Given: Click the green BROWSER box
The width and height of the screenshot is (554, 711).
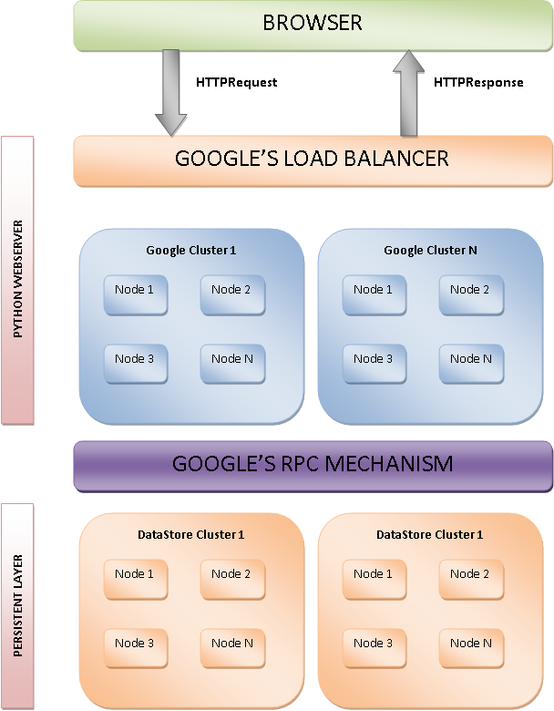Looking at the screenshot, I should tap(313, 24).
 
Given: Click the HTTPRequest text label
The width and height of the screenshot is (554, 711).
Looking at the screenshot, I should tap(236, 82).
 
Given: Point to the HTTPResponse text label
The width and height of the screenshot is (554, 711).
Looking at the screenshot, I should tap(478, 82).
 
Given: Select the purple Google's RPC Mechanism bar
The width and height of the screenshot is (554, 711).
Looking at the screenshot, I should tap(313, 464).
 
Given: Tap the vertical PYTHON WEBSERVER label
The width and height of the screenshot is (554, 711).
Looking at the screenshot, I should tap(18, 281).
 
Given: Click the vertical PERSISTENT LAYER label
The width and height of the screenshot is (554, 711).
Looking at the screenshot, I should tap(18, 604).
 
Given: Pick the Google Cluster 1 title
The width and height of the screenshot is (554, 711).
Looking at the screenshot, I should tap(190, 250).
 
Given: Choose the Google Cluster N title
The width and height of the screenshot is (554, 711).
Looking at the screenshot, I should tap(430, 250).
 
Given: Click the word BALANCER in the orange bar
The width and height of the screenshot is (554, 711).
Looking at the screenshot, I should tap(394, 159).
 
